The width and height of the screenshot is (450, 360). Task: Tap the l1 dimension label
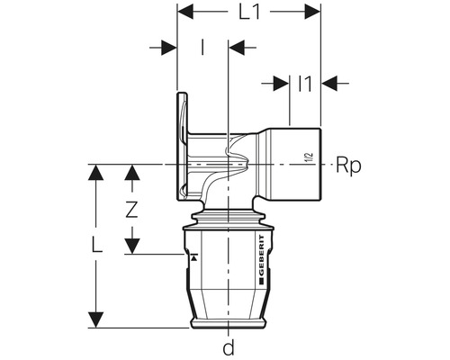pyautogui.click(x=304, y=83)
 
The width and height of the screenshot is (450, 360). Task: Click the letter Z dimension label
pyautogui.click(x=132, y=210)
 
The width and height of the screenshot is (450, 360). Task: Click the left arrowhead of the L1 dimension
pyautogui.click(x=184, y=13)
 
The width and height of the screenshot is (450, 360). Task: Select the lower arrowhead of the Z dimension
pyautogui.click(x=133, y=247)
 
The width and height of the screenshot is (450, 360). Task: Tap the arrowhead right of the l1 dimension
pyautogui.click(x=328, y=83)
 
